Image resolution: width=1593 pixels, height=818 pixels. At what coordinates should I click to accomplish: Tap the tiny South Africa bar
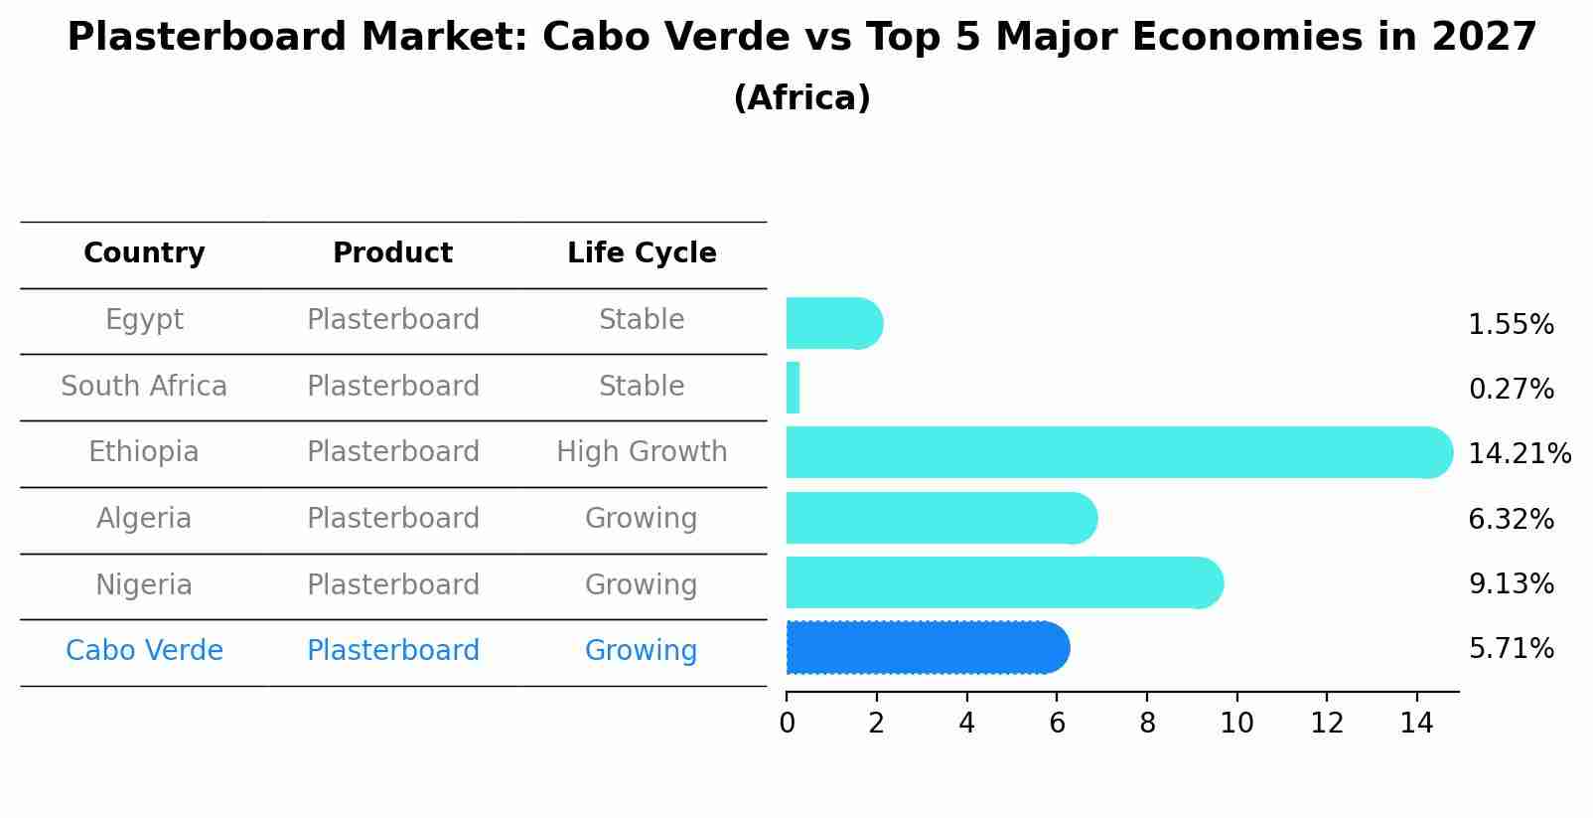[793, 388]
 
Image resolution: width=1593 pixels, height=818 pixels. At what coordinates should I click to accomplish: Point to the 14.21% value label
[1519, 454]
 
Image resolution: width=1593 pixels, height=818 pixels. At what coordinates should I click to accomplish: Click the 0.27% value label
[1511, 389]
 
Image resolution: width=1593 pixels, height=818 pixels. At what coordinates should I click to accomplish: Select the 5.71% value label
[1511, 649]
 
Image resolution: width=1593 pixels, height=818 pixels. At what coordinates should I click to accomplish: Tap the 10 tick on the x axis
[1236, 724]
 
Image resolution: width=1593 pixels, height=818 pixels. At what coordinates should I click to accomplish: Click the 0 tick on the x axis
[787, 724]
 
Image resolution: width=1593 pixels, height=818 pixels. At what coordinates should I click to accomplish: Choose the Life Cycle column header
[642, 253]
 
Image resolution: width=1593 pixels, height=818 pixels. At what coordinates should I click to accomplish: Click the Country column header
[144, 253]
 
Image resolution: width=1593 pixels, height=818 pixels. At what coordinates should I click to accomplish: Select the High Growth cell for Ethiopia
[642, 452]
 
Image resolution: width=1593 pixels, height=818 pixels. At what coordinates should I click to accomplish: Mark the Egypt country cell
[144, 320]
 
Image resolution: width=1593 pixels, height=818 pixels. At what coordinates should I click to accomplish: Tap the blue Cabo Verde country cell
[144, 651]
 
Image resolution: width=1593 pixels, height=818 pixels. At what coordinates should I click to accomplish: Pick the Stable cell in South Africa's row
[642, 386]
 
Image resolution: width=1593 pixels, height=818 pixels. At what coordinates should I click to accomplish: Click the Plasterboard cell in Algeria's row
[392, 519]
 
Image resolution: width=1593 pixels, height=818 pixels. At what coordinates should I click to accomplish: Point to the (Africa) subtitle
[801, 98]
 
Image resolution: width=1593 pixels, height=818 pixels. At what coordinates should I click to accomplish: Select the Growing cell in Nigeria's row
[642, 584]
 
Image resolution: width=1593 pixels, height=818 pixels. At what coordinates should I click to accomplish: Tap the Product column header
[392, 253]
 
